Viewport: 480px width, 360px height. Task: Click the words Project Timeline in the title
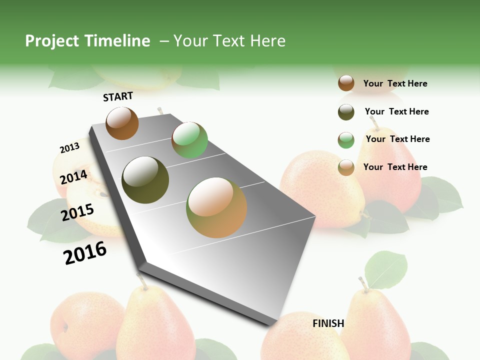coord(87,41)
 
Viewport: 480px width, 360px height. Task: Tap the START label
coord(118,96)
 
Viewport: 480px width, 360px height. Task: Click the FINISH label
coord(328,323)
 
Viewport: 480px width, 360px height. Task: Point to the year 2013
coord(69,147)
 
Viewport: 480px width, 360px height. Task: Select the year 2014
coord(74,177)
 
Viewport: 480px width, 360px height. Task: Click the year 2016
coord(85,252)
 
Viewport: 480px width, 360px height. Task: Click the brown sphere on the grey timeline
coord(122,123)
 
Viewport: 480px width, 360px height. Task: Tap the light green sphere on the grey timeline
coord(189,140)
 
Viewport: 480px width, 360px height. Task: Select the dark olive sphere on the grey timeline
coord(145,179)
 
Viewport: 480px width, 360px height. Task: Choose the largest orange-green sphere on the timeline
coord(216,207)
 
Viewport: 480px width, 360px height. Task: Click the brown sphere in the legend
coord(346,83)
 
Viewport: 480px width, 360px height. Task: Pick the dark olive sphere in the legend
coord(346,112)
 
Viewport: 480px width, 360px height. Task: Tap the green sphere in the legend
coord(346,140)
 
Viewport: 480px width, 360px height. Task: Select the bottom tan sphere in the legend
coord(346,167)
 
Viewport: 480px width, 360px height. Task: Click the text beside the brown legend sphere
coord(395,83)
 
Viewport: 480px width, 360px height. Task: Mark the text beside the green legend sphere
coord(397,139)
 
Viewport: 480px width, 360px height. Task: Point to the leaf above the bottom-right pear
coord(385,270)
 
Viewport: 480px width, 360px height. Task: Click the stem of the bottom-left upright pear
coord(142,281)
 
